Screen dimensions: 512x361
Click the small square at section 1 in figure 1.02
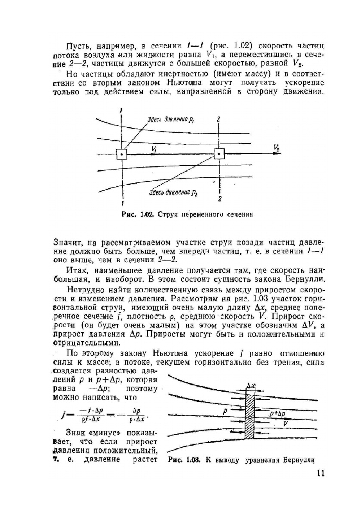pos(122,155)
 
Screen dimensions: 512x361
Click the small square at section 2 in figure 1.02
pos(219,154)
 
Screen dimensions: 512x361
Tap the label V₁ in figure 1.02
pos(154,149)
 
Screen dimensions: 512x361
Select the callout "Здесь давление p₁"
pos(171,120)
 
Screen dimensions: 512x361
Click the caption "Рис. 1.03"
pos(184,460)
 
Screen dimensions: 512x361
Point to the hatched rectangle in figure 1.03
pos(249,417)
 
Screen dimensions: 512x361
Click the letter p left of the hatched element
pos(225,411)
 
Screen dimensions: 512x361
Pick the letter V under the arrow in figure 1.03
pos(285,424)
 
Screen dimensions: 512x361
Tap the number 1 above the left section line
pos(122,109)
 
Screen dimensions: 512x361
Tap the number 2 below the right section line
pos(220,199)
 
